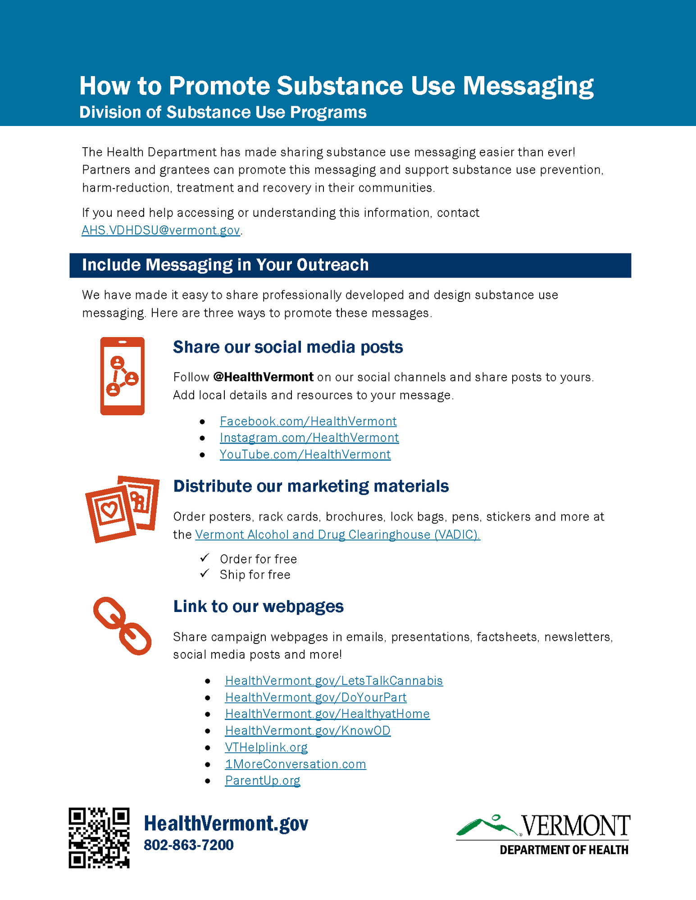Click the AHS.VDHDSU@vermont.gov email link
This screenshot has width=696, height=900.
161,230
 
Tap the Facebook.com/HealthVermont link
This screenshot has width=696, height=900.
308,421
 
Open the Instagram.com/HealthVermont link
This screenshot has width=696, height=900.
309,438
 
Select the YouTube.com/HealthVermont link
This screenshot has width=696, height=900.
305,454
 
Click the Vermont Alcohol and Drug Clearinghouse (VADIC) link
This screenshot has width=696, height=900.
337,535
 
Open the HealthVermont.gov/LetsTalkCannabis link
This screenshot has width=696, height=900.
334,681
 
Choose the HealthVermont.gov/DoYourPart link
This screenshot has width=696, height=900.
315,697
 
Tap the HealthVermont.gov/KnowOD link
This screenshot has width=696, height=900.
308,731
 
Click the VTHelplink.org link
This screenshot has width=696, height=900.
266,747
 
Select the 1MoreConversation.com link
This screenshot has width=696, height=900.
296,764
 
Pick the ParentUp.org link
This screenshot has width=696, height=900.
263,781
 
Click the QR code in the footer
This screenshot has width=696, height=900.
99,837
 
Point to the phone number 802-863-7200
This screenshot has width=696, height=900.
189,845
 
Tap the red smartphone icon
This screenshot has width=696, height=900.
122,376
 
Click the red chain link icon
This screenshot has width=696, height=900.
122,625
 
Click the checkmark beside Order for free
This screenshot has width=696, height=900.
205,558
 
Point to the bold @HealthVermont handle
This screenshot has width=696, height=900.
264,377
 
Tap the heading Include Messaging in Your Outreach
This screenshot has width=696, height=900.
225,265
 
